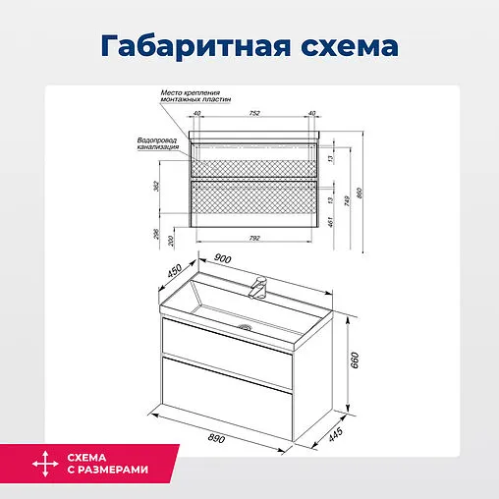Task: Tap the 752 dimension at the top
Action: tap(253, 113)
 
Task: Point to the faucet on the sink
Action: tap(260, 288)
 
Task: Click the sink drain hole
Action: tap(248, 325)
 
